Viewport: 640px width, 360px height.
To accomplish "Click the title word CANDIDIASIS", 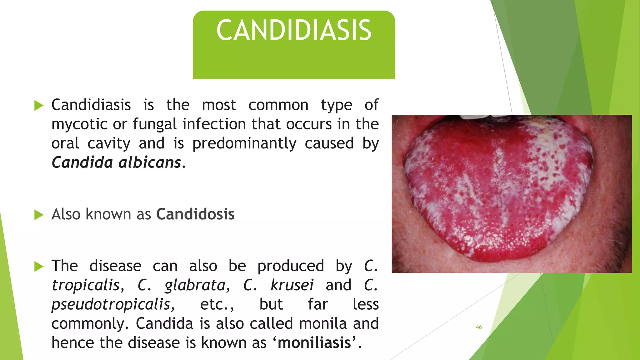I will (294, 30).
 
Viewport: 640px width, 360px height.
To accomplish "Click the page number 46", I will (479, 327).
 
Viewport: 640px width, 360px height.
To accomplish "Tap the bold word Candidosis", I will (195, 214).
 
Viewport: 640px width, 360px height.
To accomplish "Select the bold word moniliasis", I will (314, 343).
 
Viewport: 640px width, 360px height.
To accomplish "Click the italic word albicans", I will (150, 162).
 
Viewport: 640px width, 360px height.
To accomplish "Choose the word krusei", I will (292, 285).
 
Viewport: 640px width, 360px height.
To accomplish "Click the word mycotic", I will (80, 124).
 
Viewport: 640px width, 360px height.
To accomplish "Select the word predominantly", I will (244, 144).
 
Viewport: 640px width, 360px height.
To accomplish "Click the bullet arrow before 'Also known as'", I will (39, 215).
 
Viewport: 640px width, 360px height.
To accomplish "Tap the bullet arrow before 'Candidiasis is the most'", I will (39, 105).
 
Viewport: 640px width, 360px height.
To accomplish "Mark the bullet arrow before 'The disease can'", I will (39, 267).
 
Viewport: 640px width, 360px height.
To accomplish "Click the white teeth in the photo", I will (478, 117).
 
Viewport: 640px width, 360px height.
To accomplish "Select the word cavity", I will (109, 144).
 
